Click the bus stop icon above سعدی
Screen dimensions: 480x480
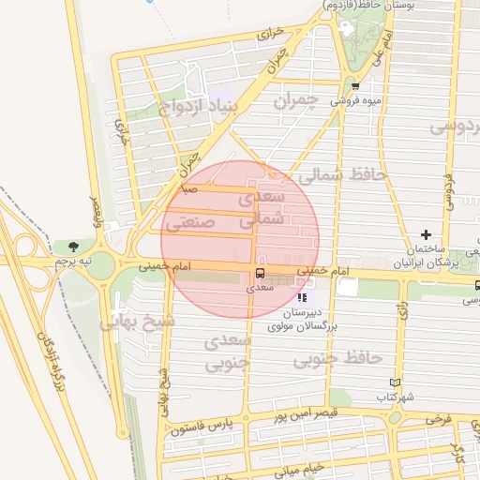click(x=260, y=273)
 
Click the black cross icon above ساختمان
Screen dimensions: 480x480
click(x=427, y=234)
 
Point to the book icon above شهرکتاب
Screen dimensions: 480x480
click(x=395, y=382)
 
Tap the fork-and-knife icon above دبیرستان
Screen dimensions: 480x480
click(x=301, y=297)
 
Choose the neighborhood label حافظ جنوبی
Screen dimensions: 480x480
click(x=337, y=359)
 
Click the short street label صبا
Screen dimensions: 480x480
click(x=189, y=187)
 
